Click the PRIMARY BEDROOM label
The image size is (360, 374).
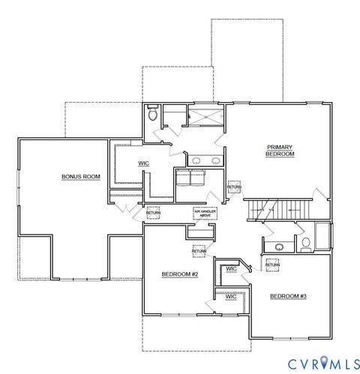[280, 150]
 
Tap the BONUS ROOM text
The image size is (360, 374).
[81, 177]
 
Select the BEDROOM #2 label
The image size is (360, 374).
[179, 274]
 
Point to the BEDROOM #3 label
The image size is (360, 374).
[288, 296]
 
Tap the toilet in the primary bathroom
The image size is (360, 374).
[153, 115]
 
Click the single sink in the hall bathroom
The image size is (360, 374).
[279, 247]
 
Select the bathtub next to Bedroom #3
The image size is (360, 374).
[322, 236]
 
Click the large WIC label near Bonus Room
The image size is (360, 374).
[144, 163]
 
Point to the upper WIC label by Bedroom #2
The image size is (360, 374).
[232, 268]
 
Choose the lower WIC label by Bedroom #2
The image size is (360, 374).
[231, 296]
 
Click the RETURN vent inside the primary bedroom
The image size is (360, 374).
[235, 187]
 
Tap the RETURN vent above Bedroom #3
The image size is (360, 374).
[272, 264]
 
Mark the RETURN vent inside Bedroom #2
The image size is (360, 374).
[199, 250]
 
